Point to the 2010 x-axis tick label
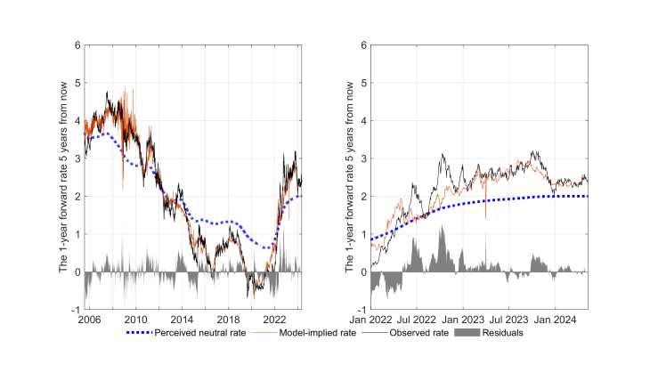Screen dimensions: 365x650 (136, 318)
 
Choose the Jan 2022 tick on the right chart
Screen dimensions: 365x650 (368, 318)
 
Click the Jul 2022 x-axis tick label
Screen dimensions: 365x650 (416, 318)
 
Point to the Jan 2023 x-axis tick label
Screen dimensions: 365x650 (463, 318)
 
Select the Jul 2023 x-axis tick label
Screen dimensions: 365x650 (511, 318)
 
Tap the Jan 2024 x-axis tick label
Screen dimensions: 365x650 (559, 318)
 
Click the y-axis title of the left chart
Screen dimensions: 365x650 (64, 176)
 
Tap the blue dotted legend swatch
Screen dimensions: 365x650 (134, 333)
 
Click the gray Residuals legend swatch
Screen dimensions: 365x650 (465, 333)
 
